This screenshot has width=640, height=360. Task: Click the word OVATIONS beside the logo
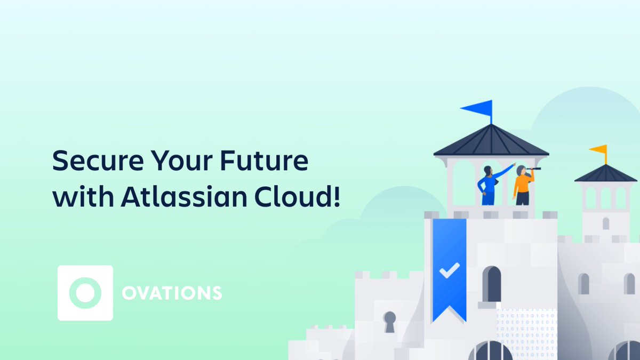click(172, 293)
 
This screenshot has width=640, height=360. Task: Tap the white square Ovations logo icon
click(85, 293)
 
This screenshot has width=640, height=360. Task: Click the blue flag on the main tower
click(477, 108)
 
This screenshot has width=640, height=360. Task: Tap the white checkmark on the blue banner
click(449, 270)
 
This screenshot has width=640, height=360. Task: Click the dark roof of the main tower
click(491, 142)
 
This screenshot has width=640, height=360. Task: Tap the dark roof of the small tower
click(605, 174)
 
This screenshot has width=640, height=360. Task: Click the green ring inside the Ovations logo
click(85, 293)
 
